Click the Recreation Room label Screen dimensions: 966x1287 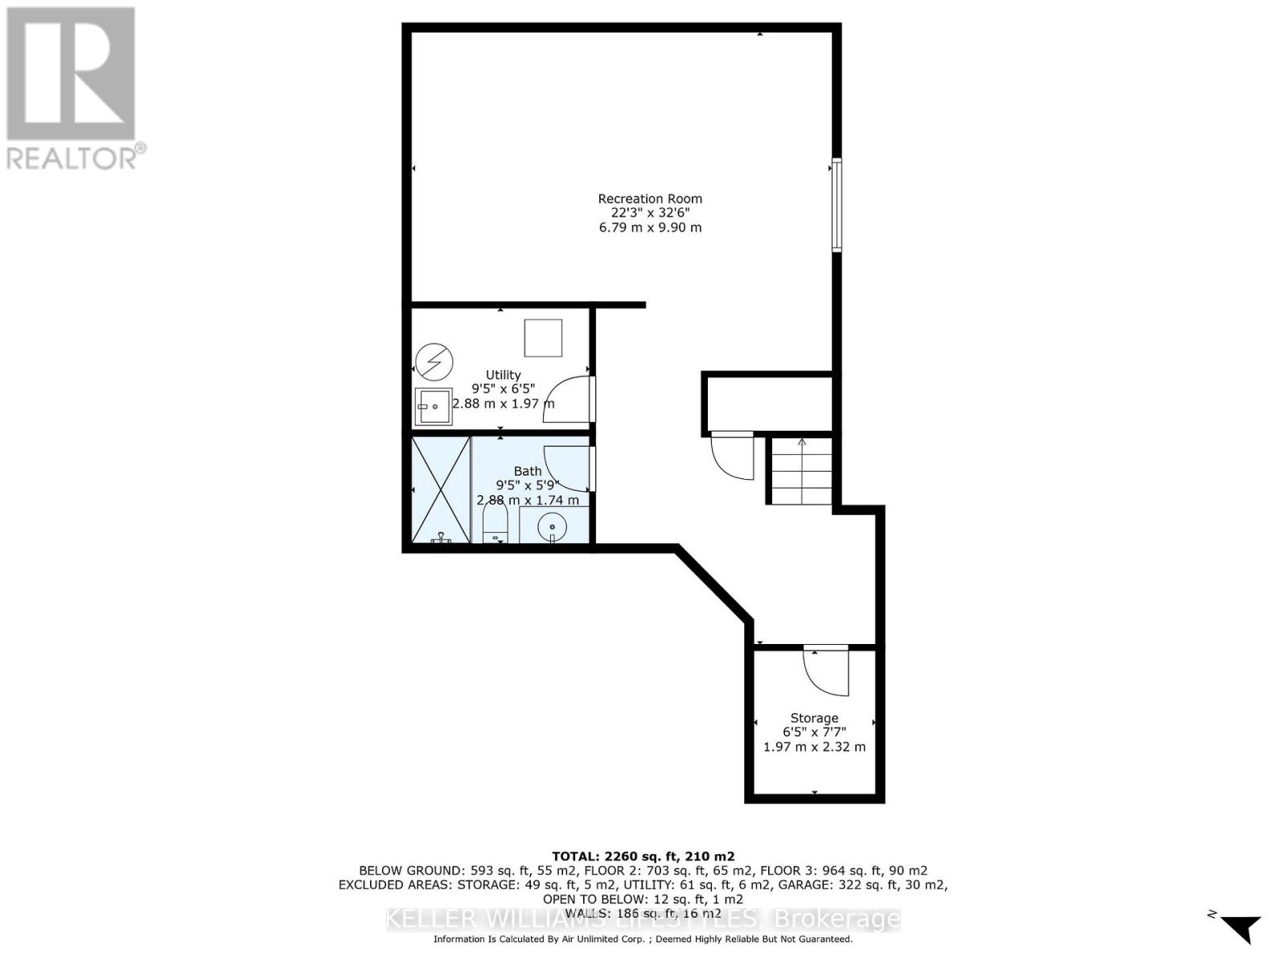pos(650,199)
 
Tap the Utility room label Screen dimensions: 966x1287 pos(503,374)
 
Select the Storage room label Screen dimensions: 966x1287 pos(814,718)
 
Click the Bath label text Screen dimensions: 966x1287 pos(528,471)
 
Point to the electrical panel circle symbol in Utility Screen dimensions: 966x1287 pos(434,362)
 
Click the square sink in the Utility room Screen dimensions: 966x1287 pos(434,407)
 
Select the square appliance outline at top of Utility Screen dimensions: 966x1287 pos(543,337)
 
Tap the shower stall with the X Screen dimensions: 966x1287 pos(440,489)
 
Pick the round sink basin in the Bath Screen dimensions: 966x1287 pos(552,527)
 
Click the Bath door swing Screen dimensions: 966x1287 pos(569,469)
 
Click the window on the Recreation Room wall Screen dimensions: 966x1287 pos(837,205)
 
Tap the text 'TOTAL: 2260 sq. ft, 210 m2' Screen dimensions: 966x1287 pos(643,857)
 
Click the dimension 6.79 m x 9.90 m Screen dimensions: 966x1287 pos(650,228)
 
